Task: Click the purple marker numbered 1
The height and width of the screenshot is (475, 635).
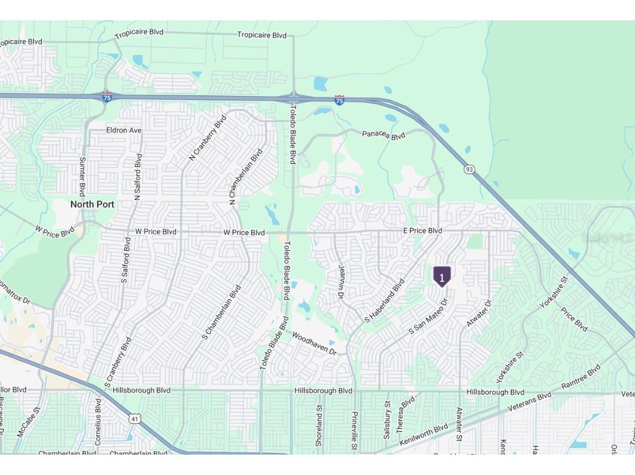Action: pos(442,277)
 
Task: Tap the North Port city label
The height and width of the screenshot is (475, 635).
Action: pos(92,204)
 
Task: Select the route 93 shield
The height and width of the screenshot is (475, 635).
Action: pos(469,169)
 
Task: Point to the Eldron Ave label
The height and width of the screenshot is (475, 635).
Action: pos(123,130)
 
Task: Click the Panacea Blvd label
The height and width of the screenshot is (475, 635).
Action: pos(384,135)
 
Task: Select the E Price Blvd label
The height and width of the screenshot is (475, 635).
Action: pos(423,231)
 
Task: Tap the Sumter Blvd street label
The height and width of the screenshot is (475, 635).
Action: pos(83,176)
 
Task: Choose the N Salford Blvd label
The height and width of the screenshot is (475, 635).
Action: pos(137,177)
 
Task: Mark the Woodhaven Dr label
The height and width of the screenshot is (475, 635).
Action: pos(314,343)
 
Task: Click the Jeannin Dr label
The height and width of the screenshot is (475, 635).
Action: pos(342,283)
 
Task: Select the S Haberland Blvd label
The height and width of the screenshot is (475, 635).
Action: pos(385,301)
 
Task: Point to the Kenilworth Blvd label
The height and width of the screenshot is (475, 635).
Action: pos(423,435)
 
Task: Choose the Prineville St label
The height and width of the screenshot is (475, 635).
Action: pos(355,431)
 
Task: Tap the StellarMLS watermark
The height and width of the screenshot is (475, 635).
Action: pos(607,238)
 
